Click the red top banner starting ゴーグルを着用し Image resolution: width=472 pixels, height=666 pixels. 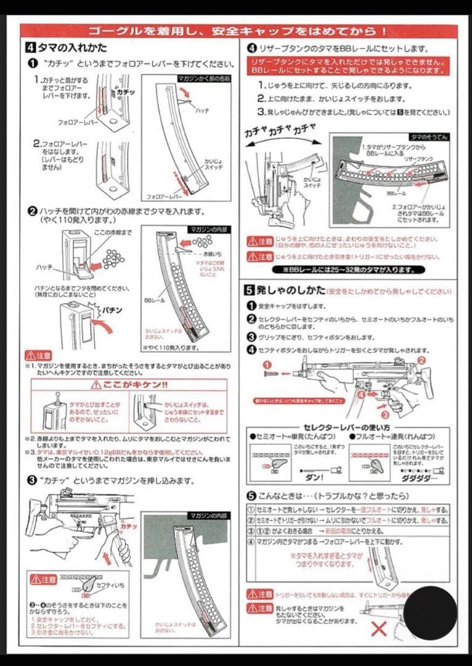(238, 31)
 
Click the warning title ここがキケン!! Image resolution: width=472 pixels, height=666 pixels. (129, 385)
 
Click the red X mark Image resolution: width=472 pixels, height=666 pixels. (379, 628)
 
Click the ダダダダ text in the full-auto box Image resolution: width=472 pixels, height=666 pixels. (419, 477)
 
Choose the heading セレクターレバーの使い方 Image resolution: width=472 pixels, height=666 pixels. (348, 427)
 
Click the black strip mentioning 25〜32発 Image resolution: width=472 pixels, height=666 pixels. (348, 269)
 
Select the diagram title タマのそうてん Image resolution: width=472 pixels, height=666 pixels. (428, 137)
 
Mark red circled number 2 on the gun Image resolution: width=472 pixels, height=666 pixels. (421, 360)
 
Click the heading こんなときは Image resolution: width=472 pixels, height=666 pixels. (296, 496)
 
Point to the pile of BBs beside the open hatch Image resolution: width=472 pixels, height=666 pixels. (113, 258)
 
